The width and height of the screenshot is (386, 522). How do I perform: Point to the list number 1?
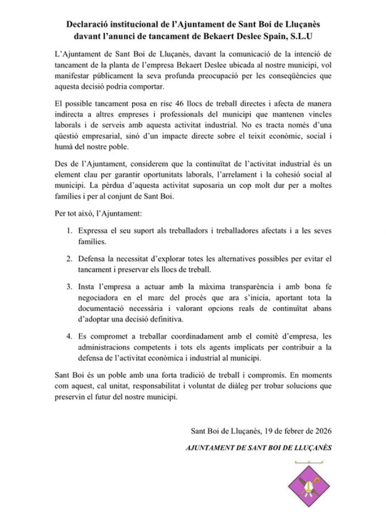tap(70, 231)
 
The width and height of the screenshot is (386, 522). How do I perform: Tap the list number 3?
tap(70, 286)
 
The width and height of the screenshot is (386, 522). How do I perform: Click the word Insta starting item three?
tap(90, 286)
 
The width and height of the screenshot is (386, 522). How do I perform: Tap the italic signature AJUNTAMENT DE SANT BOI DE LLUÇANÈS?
tap(258, 448)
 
